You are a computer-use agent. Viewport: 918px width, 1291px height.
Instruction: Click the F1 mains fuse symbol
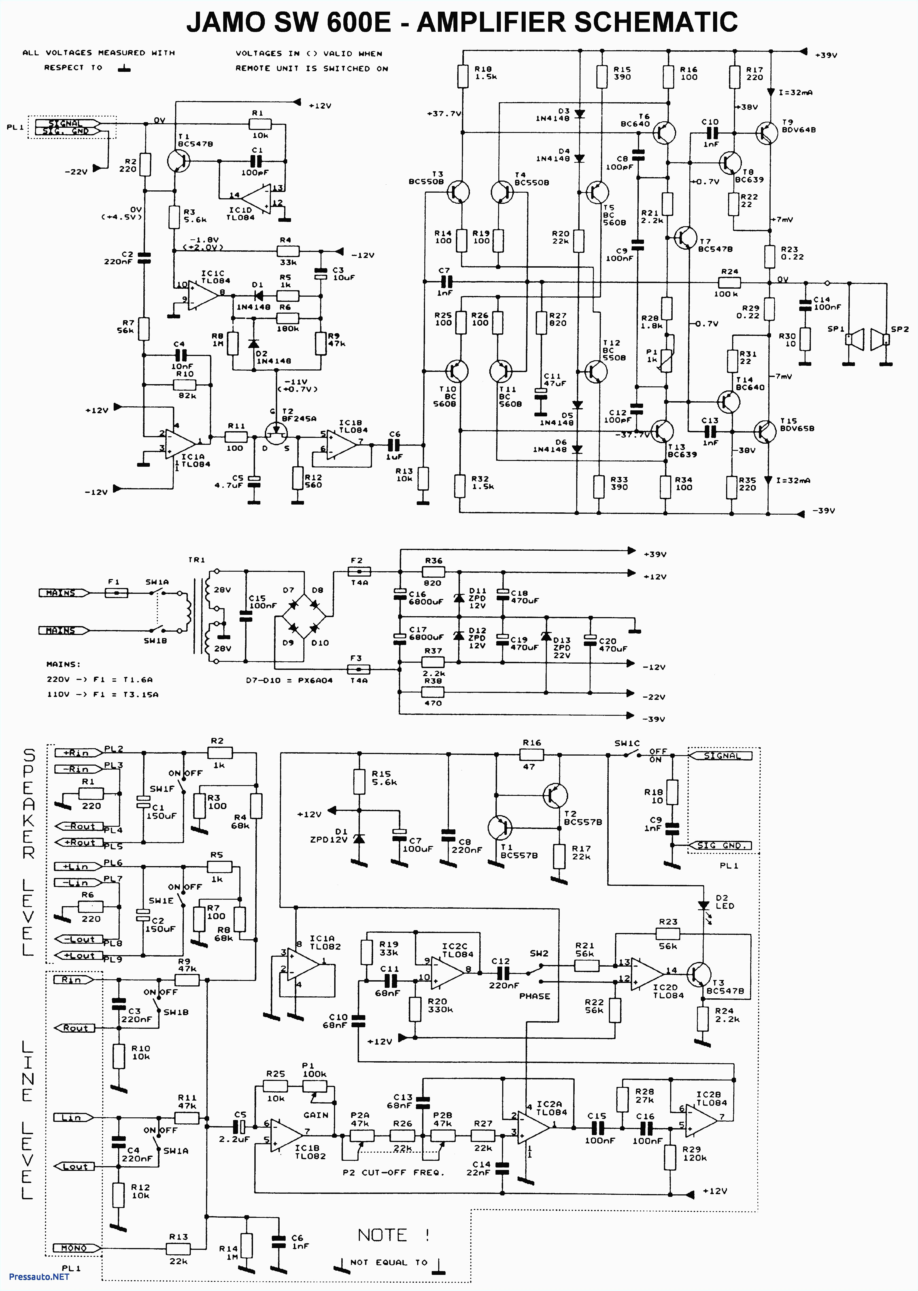click(x=117, y=593)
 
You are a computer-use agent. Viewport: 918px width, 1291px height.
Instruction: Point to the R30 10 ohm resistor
click(x=805, y=339)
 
